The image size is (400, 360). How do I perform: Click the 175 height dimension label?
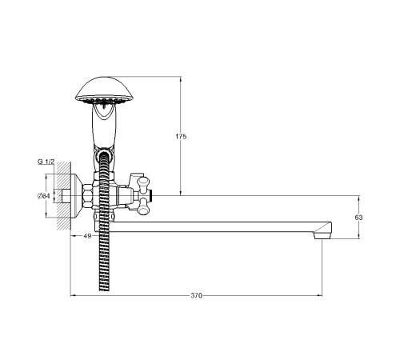click(x=181, y=137)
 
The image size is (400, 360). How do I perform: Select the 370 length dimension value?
click(x=196, y=295)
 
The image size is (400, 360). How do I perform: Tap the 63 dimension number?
click(x=358, y=218)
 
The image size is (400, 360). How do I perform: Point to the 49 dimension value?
click(x=87, y=236)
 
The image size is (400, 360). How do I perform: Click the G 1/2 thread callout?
click(x=46, y=162)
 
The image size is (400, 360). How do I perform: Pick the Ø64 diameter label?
click(x=44, y=196)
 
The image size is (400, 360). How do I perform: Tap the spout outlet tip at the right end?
click(x=322, y=236)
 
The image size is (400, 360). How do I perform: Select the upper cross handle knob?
click(x=143, y=183)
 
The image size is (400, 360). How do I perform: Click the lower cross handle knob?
click(x=143, y=206)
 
